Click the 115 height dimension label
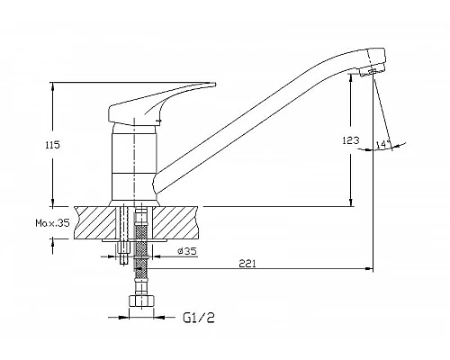click(x=53, y=145)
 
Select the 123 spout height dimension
click(x=351, y=140)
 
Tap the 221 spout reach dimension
click(x=247, y=264)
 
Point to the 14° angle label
click(x=382, y=144)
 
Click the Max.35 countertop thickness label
click(x=53, y=222)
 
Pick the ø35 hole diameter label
click(x=187, y=251)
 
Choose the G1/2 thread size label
click(x=199, y=318)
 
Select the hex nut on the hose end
click(x=142, y=301)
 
